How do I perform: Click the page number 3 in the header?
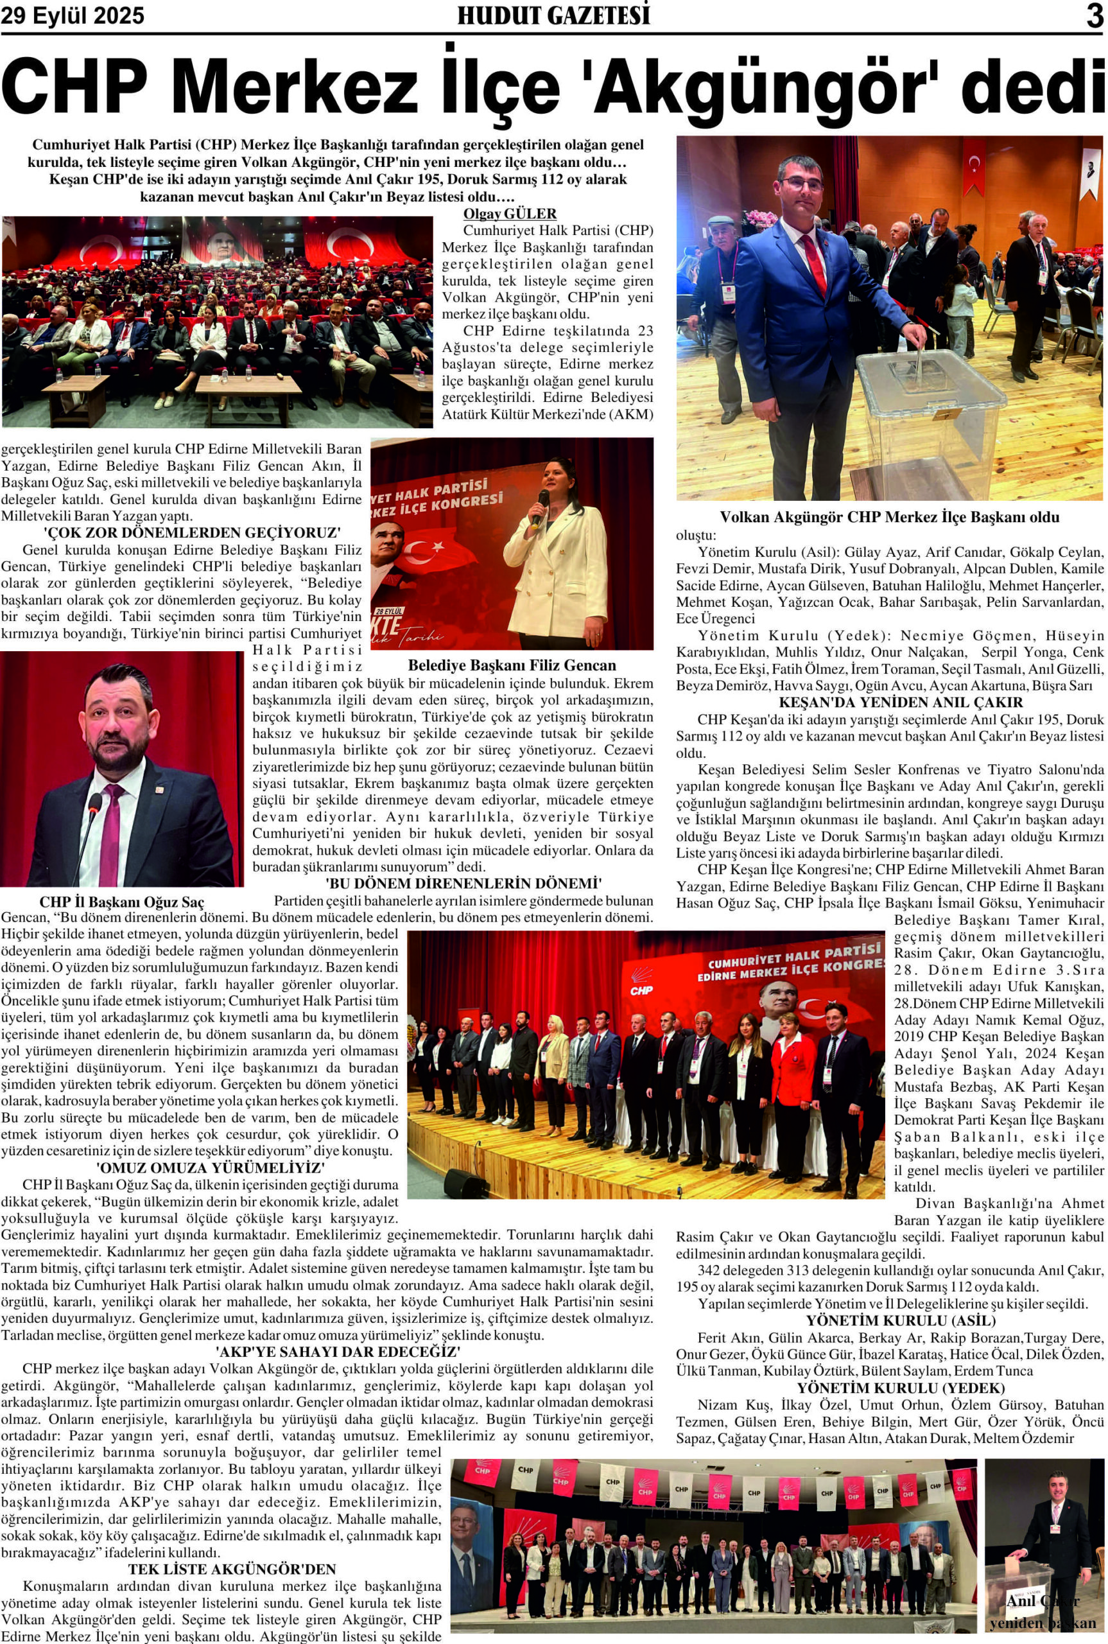(1094, 15)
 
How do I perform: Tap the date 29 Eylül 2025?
(73, 15)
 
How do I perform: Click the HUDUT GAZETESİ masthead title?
(553, 15)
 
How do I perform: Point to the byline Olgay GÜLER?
(510, 213)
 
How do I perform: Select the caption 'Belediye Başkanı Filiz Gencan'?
(512, 665)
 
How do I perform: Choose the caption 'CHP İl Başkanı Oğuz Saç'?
(121, 902)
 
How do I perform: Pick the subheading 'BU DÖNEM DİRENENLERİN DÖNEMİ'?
(463, 884)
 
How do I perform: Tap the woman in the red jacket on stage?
(790, 1072)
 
